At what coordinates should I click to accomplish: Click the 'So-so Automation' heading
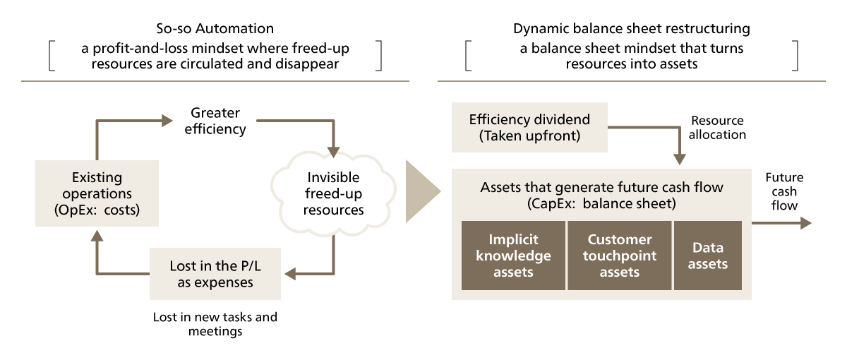coord(215,29)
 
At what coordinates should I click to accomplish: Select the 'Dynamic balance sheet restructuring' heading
coord(631,29)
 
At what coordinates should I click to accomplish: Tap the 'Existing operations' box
coord(97,193)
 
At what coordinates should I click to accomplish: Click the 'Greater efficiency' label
coord(215,121)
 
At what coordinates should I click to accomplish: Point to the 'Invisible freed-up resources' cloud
coord(333,193)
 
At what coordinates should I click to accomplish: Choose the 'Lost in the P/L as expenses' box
coord(215,275)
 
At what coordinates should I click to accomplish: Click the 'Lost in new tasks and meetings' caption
coord(215,324)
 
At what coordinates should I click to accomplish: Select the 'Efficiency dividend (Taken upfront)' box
coord(529,128)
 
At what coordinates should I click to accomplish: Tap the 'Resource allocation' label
coord(717,128)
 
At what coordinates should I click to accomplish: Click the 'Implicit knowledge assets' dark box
coord(513,256)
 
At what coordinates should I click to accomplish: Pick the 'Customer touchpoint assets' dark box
coord(619,256)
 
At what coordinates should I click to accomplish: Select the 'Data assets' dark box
coord(707,256)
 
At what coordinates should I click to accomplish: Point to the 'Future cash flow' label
coord(784,191)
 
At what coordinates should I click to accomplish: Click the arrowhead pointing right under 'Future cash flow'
coord(805,223)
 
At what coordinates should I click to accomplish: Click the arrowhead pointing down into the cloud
coord(333,152)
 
